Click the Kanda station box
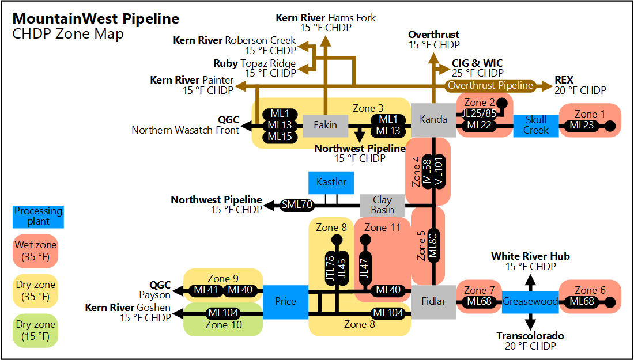pos(433,120)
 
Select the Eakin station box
pos(325,125)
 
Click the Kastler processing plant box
pos(331,182)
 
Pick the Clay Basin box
pos(382,204)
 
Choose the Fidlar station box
pos(433,301)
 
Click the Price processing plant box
pos(285,301)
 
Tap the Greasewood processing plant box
pos(530,301)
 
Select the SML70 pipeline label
pos(297,204)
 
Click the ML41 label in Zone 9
pos(205,290)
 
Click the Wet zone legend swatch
pos(36,251)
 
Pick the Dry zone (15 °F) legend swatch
pos(36,331)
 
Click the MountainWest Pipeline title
pos(96,18)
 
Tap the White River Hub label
pos(530,256)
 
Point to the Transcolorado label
pos(530,336)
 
